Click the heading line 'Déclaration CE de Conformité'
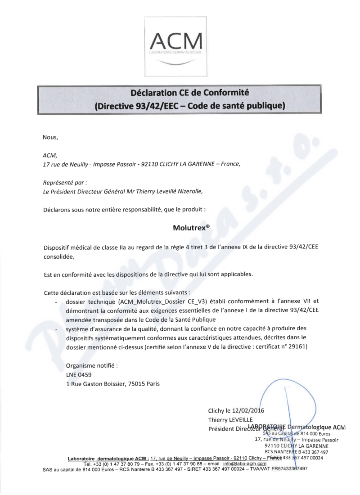(x=189, y=94)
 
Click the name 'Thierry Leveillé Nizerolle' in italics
(x=164, y=191)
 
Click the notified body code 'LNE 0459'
(x=81, y=374)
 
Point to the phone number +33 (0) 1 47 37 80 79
(x=109, y=463)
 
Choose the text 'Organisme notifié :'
(x=92, y=365)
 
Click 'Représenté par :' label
(x=64, y=182)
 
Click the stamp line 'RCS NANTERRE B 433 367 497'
(x=296, y=452)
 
